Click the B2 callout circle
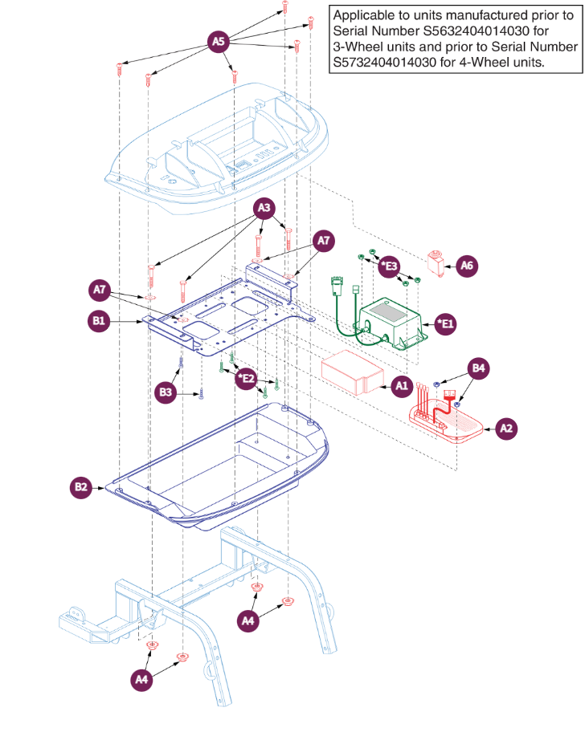point(81,486)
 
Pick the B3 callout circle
point(166,392)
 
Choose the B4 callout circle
point(479,369)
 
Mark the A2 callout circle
point(506,429)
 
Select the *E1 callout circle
point(444,324)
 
